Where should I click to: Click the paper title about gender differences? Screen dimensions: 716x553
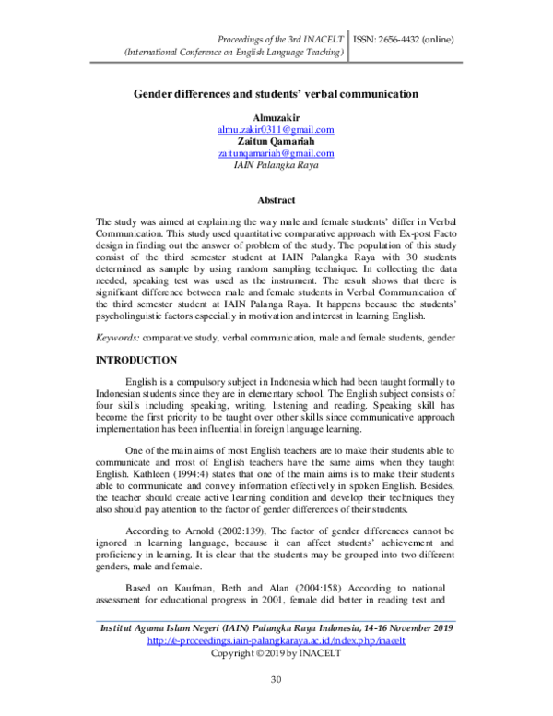(x=276, y=94)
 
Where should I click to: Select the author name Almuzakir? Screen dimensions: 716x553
(x=276, y=118)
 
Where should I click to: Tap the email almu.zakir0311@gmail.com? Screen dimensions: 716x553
(x=276, y=130)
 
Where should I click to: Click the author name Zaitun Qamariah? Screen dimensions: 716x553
(x=276, y=142)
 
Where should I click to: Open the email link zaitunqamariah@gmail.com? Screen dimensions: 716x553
(x=276, y=154)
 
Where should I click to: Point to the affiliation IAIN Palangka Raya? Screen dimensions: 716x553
(x=276, y=166)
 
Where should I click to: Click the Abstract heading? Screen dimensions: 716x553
(x=276, y=200)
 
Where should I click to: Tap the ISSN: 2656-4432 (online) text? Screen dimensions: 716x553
(x=403, y=41)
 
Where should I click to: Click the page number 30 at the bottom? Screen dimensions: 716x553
(x=276, y=679)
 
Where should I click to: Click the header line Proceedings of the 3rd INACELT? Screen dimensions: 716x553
(x=280, y=41)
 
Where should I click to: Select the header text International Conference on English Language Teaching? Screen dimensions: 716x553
(x=235, y=54)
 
